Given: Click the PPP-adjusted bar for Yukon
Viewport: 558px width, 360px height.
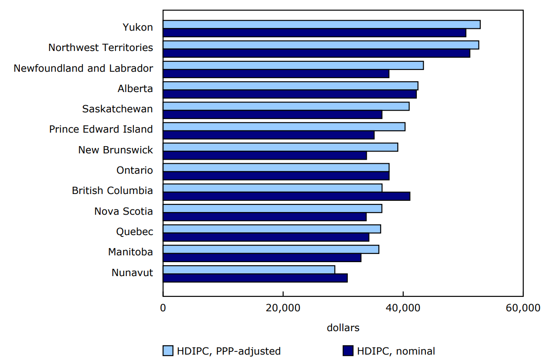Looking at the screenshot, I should click(x=321, y=24).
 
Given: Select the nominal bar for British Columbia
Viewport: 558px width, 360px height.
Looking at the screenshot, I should click(x=286, y=196).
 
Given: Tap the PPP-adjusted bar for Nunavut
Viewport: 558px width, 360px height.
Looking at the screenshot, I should click(x=249, y=270).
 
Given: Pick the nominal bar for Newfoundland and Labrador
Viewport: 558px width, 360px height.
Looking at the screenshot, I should click(x=276, y=74).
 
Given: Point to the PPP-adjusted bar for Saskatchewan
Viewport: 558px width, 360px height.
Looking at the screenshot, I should click(x=286, y=106).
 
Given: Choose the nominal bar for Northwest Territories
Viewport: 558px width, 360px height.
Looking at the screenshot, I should click(x=316, y=53).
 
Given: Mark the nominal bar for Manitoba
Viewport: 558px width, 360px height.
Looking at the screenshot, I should click(x=262, y=258).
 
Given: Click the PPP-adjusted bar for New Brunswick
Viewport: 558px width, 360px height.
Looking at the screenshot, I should click(x=280, y=147).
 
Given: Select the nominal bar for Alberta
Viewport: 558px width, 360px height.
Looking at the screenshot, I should click(x=290, y=94).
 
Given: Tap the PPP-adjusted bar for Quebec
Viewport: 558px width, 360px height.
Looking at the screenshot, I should click(x=272, y=229).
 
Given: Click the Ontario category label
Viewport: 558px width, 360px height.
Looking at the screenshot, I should click(x=134, y=171).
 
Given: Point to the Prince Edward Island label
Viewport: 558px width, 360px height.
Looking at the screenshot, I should click(x=101, y=129).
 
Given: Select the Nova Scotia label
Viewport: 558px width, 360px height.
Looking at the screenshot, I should click(x=123, y=212).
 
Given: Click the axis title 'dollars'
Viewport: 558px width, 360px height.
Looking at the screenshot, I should click(x=343, y=328).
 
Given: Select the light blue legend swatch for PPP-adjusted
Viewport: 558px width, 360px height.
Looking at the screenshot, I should click(x=168, y=351).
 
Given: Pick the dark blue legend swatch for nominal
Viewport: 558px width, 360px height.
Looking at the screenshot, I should click(x=347, y=351).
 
